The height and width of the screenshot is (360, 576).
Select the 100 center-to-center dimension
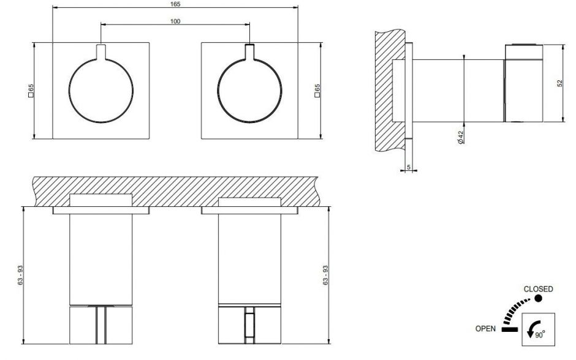click(176, 22)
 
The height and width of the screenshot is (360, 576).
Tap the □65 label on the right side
click(317, 91)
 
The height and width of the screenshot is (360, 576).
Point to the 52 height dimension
click(559, 83)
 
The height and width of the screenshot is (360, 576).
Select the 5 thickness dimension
click(407, 165)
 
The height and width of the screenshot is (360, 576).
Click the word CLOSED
click(538, 289)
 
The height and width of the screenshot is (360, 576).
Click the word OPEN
click(485, 329)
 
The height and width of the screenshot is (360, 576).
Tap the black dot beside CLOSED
click(538, 298)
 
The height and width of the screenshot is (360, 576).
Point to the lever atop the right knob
click(249, 51)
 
